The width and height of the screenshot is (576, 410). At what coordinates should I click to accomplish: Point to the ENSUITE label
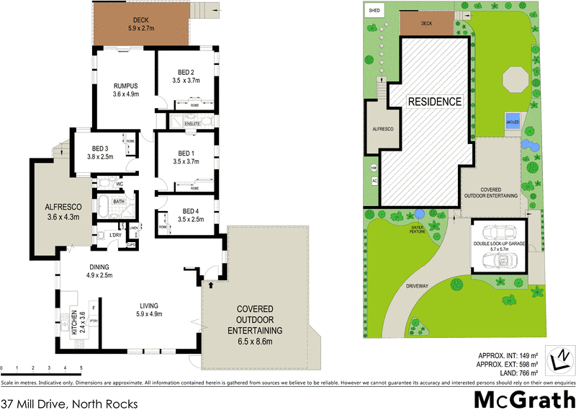[193, 124]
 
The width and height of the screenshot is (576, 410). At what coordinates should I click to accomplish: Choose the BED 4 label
[186, 212]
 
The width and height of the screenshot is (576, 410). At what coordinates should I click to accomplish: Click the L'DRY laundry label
[114, 235]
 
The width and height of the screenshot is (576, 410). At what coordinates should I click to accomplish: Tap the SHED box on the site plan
[374, 11]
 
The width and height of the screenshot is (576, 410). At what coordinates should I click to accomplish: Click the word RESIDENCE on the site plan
[434, 102]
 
